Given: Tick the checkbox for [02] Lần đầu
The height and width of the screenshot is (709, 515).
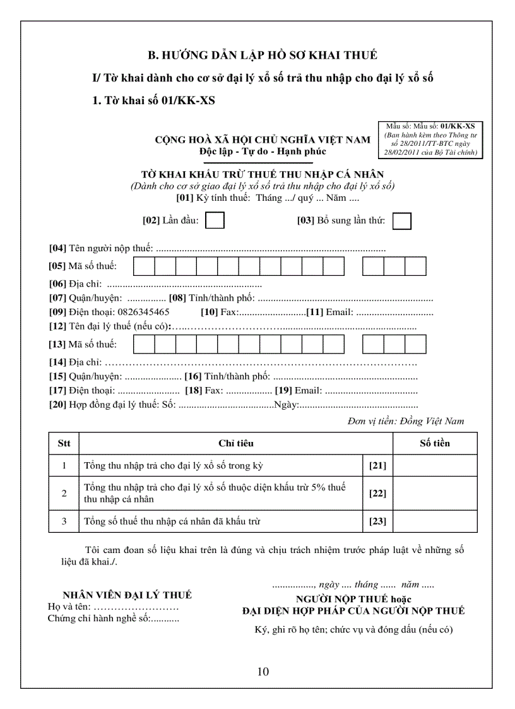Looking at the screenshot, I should click(x=215, y=220).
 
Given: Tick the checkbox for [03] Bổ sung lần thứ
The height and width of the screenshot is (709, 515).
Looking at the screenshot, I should click(x=401, y=221).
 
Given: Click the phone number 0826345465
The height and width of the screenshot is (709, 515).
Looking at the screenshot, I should click(x=143, y=312).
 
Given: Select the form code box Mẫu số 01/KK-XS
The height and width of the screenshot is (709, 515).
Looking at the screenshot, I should click(x=431, y=140).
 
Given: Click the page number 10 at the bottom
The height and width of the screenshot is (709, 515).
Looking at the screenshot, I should click(x=263, y=671).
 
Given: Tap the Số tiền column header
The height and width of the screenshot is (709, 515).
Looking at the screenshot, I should click(x=435, y=443).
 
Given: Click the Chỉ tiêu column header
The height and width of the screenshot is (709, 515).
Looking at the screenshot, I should click(x=236, y=443).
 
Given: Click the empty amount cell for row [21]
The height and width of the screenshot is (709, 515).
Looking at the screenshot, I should click(x=435, y=466).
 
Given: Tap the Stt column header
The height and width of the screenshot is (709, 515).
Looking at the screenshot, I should click(x=64, y=443).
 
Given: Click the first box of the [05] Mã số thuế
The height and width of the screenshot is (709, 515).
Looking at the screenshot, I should click(x=144, y=266).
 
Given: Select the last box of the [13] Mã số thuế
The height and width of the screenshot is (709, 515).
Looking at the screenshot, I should click(x=415, y=344).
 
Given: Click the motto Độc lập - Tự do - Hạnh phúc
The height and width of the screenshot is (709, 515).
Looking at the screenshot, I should click(x=263, y=152).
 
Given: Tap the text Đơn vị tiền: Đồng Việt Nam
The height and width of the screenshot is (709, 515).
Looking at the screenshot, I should click(x=405, y=421).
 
